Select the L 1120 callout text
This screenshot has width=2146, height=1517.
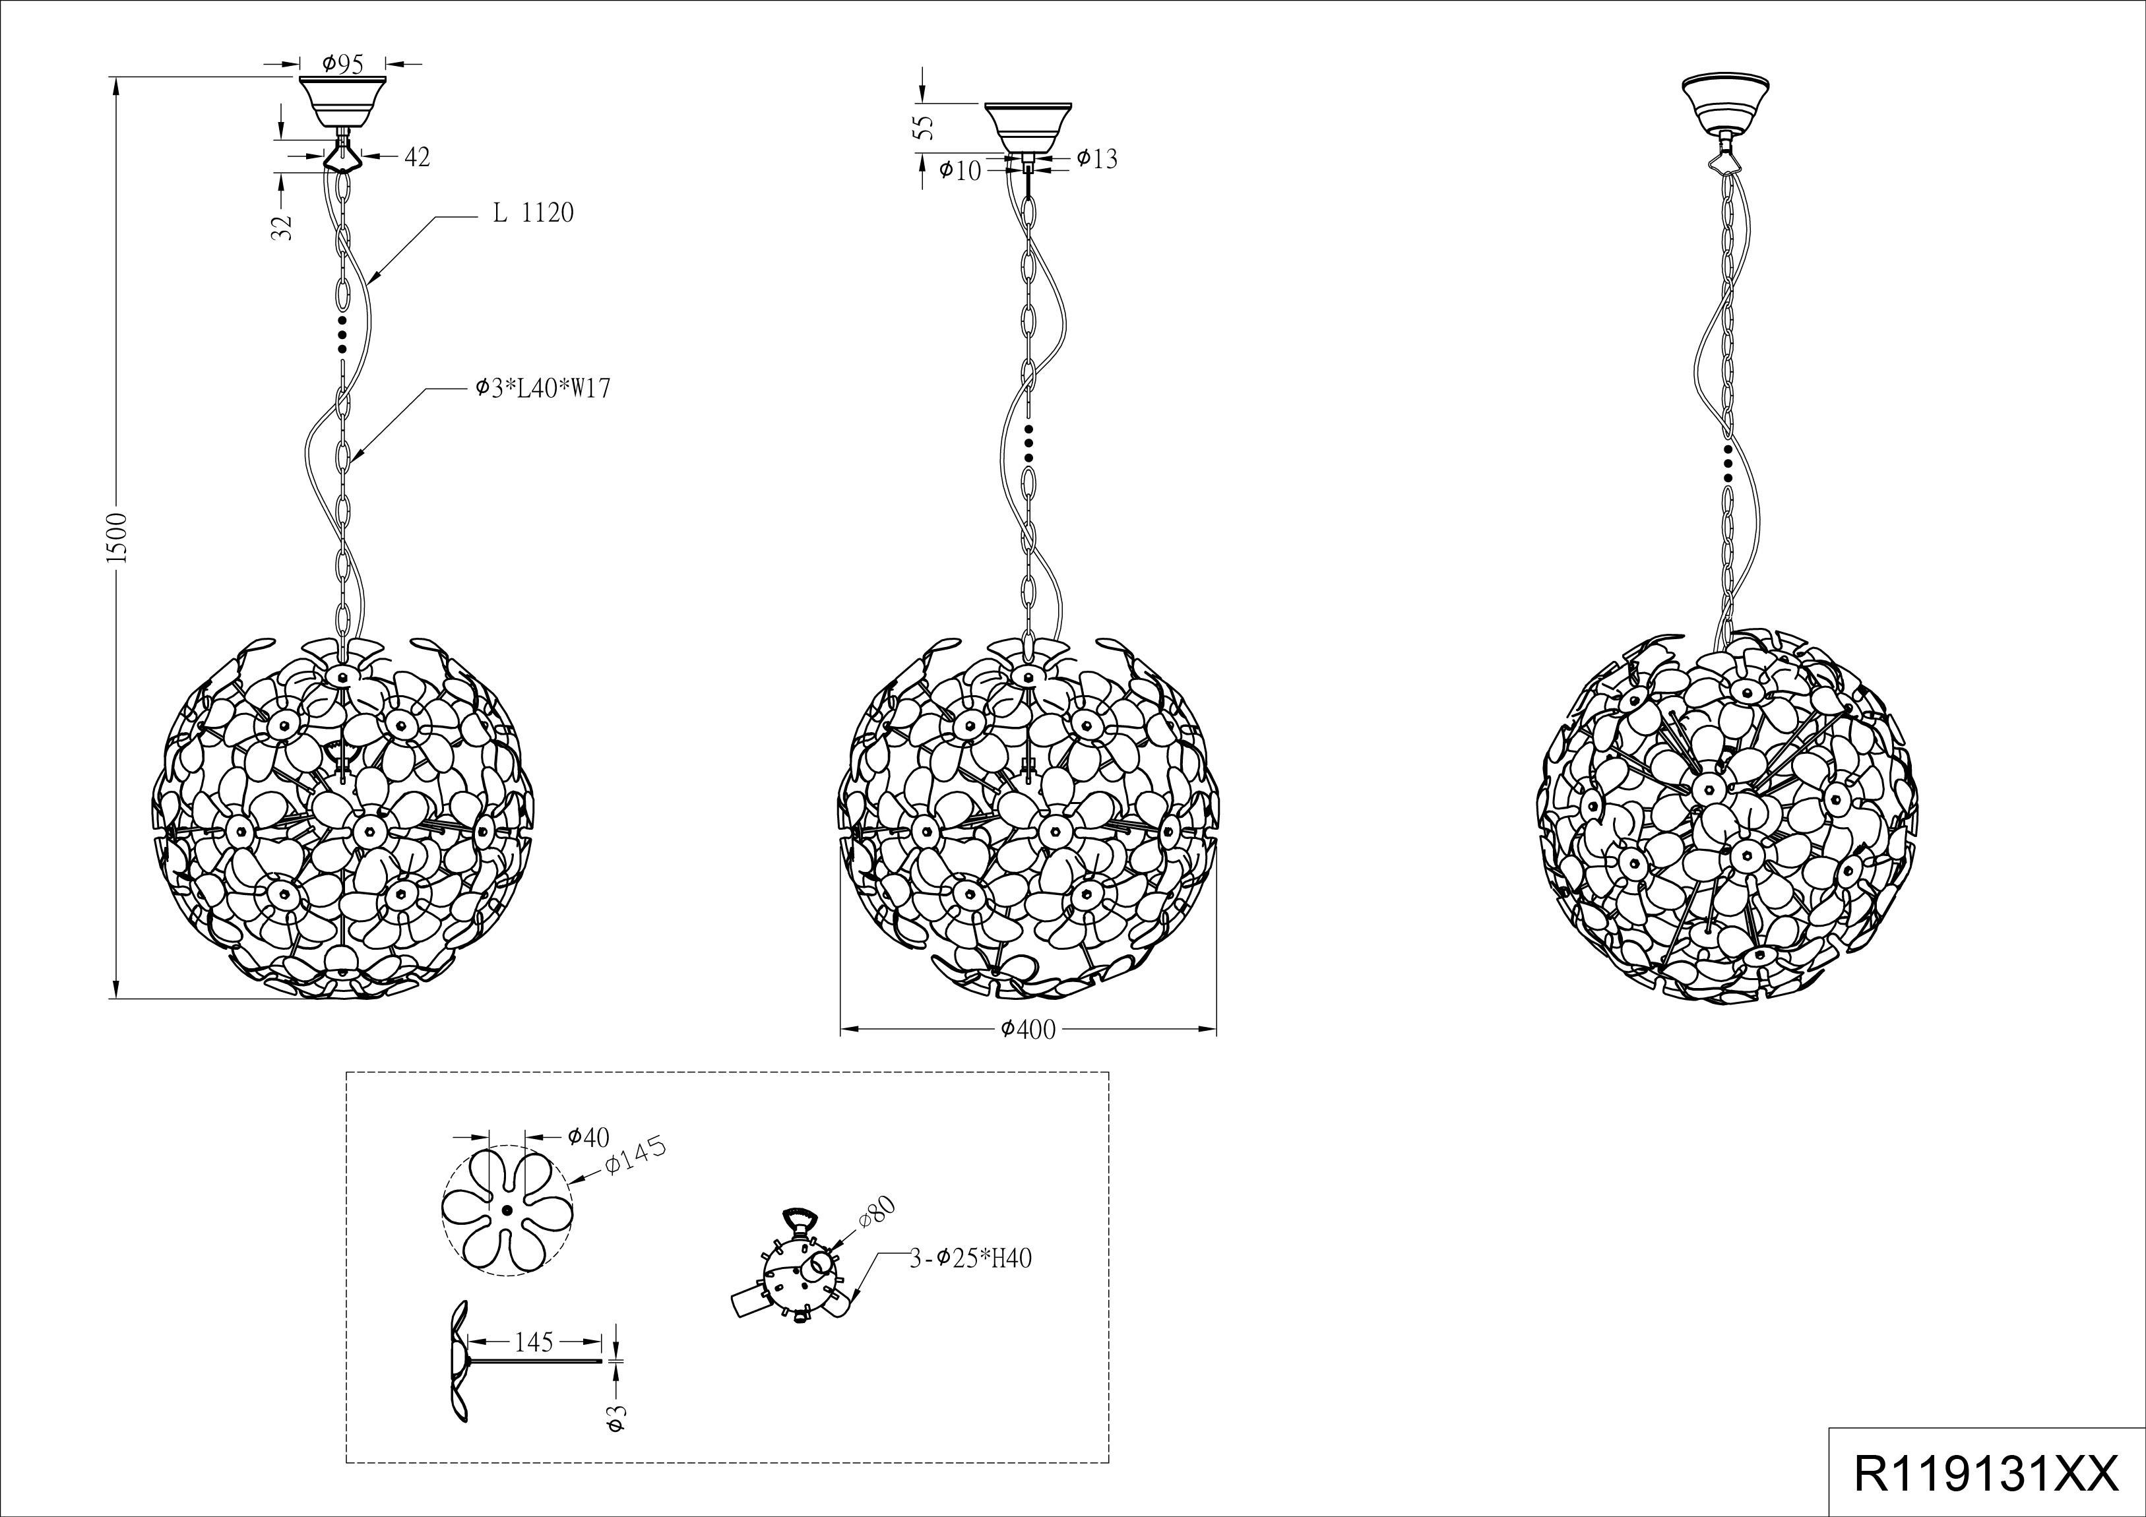(533, 213)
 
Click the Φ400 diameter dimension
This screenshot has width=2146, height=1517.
(1028, 1029)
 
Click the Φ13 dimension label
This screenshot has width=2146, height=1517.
(1096, 159)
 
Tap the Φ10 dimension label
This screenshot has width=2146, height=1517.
(960, 170)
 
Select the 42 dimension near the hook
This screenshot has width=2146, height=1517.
(417, 157)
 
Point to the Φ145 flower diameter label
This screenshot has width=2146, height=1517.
(635, 1159)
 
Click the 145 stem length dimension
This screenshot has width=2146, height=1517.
(534, 1343)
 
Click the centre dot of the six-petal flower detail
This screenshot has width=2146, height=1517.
(505, 1210)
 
